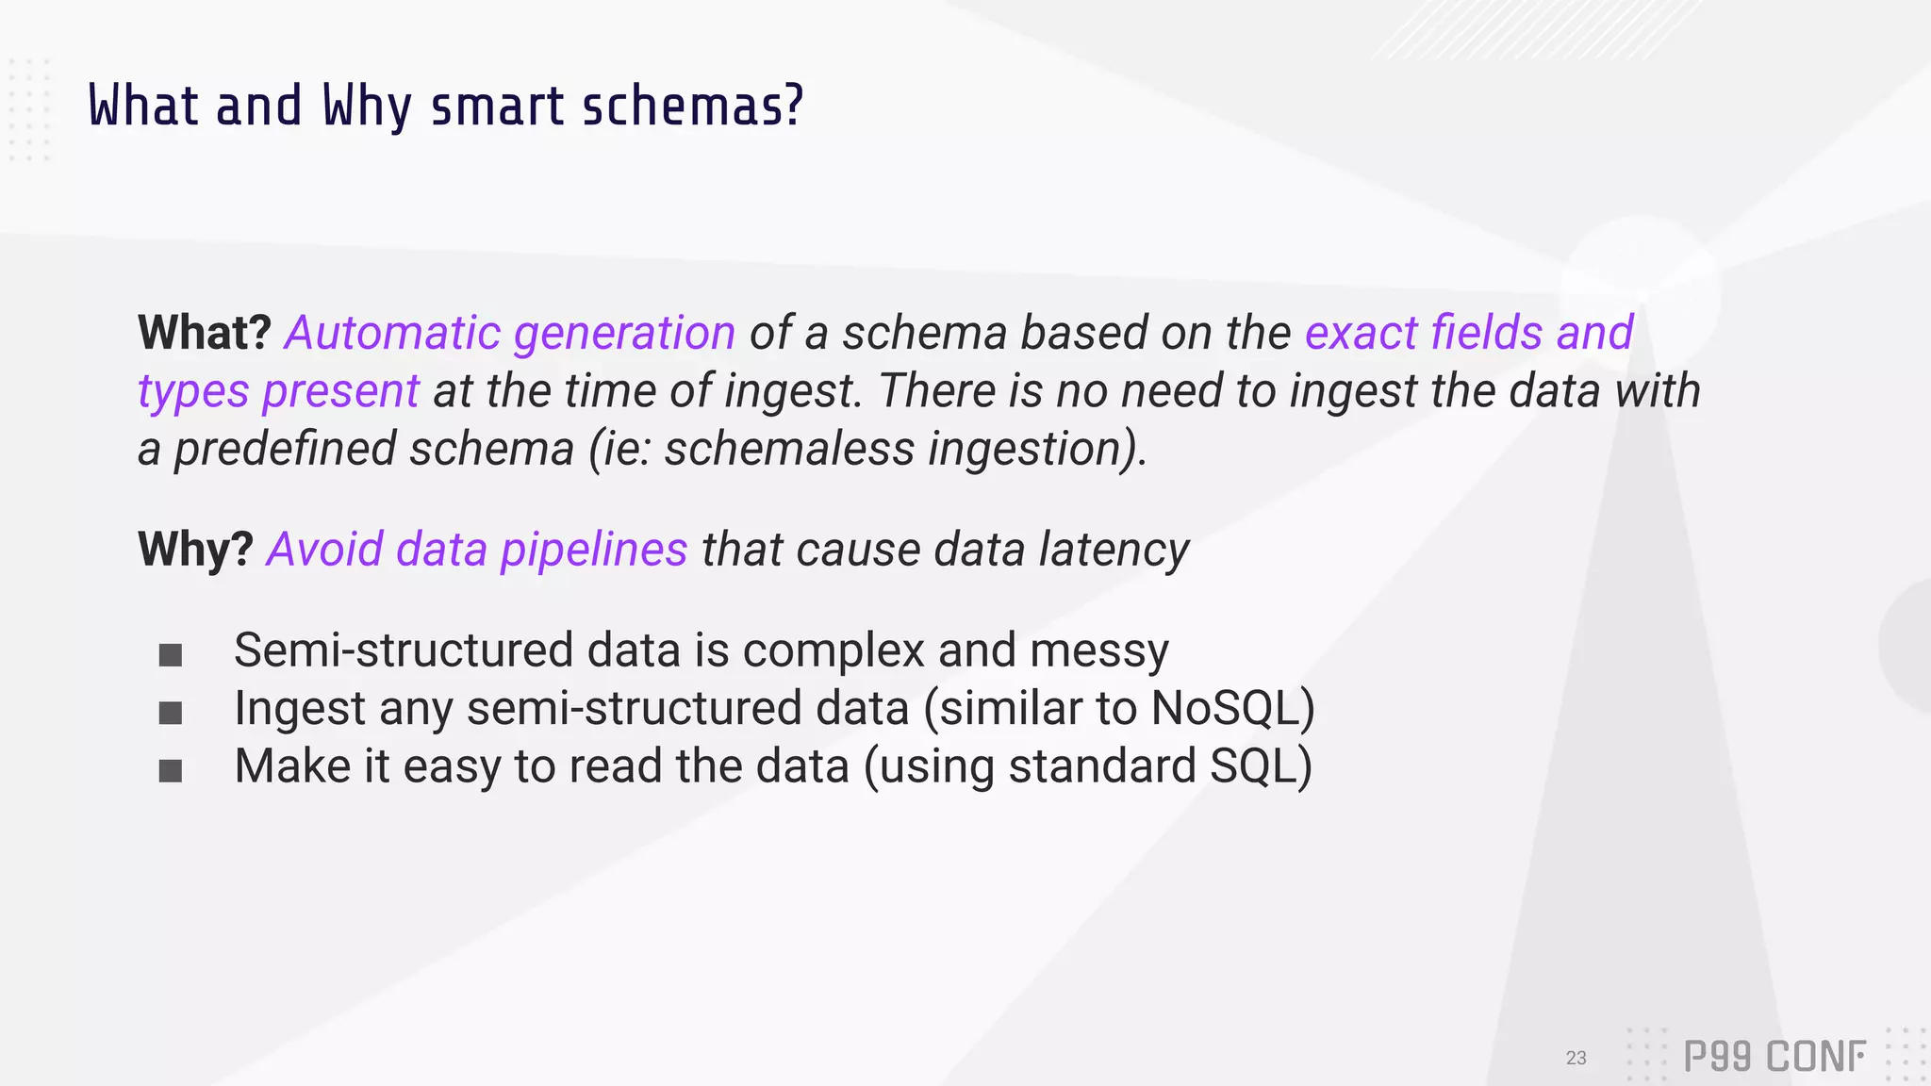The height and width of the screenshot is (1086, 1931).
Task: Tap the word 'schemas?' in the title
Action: [693, 106]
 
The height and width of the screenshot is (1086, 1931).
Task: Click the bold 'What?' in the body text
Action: [205, 333]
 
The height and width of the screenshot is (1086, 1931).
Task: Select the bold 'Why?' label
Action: [195, 549]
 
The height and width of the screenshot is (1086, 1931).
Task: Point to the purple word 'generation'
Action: [624, 333]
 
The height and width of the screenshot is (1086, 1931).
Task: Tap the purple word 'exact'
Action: [1361, 333]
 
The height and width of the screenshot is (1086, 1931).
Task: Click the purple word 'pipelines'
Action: [594, 550]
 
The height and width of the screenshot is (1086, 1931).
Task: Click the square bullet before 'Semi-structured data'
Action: [171, 655]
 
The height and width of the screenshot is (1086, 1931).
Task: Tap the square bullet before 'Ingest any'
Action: [171, 713]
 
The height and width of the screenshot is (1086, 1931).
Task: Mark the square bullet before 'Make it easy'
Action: [171, 771]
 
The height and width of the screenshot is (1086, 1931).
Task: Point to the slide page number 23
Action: [1576, 1058]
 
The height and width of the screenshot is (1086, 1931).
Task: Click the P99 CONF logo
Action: [1774, 1057]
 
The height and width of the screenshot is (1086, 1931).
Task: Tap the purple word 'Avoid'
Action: [324, 550]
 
